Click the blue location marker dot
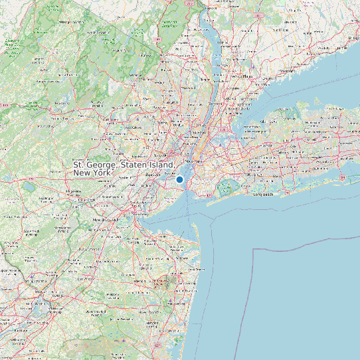pos(179,179)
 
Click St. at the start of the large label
pos(78,164)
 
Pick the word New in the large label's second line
pos(82,173)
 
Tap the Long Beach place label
pos(263,195)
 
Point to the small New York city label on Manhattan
pos(193,161)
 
